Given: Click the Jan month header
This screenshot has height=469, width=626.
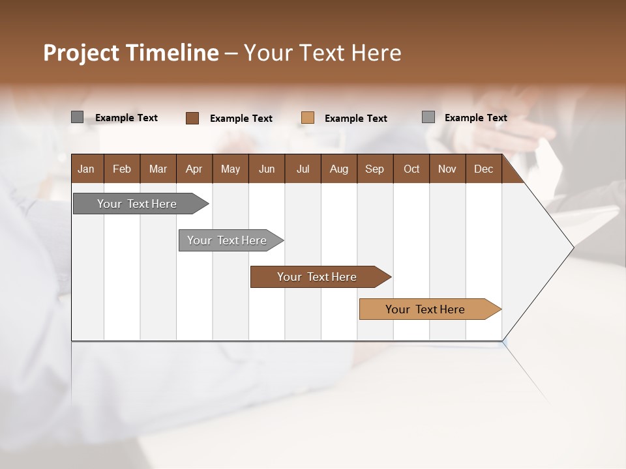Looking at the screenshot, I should click(86, 169).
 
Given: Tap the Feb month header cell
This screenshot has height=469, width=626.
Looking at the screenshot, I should click(122, 169).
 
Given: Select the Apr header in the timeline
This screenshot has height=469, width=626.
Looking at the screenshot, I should click(194, 169).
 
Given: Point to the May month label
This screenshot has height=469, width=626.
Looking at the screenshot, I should click(230, 169).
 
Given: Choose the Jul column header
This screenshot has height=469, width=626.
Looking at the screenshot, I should click(303, 169).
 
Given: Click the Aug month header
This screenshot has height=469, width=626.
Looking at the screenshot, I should click(339, 169).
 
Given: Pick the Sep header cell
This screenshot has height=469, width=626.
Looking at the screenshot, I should click(375, 169).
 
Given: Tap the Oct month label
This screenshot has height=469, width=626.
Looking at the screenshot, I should click(411, 169).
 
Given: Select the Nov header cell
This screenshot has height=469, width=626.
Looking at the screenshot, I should click(447, 169).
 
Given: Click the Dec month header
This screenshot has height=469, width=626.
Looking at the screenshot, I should click(484, 169).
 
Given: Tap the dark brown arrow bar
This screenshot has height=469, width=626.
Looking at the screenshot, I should click(318, 277).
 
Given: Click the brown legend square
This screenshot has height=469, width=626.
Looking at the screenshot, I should click(192, 118).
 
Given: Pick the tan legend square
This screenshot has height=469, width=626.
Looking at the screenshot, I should click(308, 118).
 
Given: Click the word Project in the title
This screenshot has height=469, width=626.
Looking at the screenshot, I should click(80, 53).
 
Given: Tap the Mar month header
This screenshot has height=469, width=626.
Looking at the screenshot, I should click(158, 169).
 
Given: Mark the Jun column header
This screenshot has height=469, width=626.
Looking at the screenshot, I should click(267, 169).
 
